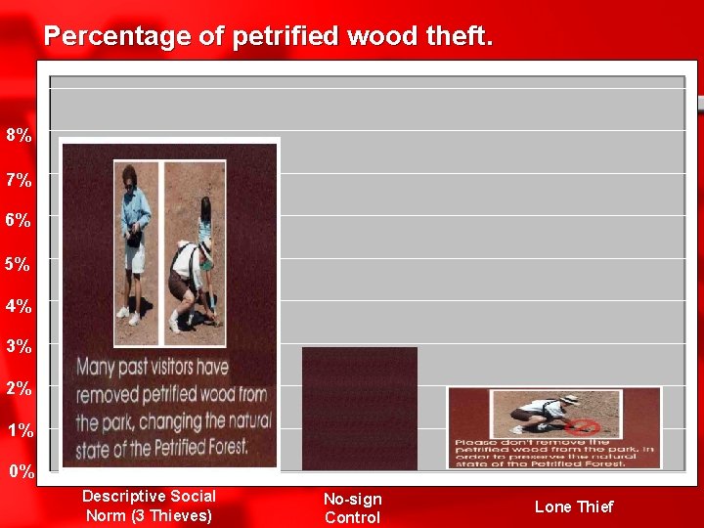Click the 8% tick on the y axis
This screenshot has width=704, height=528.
[x=19, y=136]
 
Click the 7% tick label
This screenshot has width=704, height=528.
[x=19, y=180]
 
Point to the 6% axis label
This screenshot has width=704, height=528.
[x=19, y=221]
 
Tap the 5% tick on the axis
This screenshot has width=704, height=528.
[x=19, y=264]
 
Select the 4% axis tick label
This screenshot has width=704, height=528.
[x=19, y=306]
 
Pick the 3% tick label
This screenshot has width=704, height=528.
[x=19, y=346]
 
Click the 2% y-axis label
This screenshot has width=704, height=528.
[x=19, y=388]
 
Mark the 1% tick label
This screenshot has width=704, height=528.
[x=19, y=430]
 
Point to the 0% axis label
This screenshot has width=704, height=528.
[x=22, y=471]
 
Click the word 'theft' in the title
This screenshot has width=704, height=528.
[x=459, y=37]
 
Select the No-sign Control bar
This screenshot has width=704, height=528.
[x=359, y=408]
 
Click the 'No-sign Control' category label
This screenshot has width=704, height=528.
[x=352, y=508]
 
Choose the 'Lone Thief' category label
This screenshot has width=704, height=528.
[x=574, y=506]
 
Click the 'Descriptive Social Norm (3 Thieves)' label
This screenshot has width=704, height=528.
[x=149, y=506]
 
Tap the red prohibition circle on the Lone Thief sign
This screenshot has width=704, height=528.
[x=584, y=427]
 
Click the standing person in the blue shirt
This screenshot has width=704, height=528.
[x=135, y=244]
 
